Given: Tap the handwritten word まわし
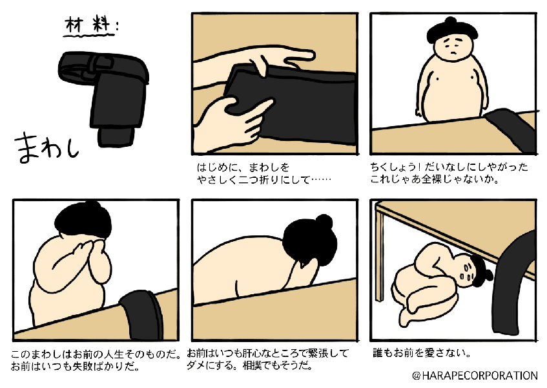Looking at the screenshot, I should point(45,144).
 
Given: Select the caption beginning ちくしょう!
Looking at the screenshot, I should point(449,172).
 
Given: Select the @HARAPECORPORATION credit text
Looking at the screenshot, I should point(474,375).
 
